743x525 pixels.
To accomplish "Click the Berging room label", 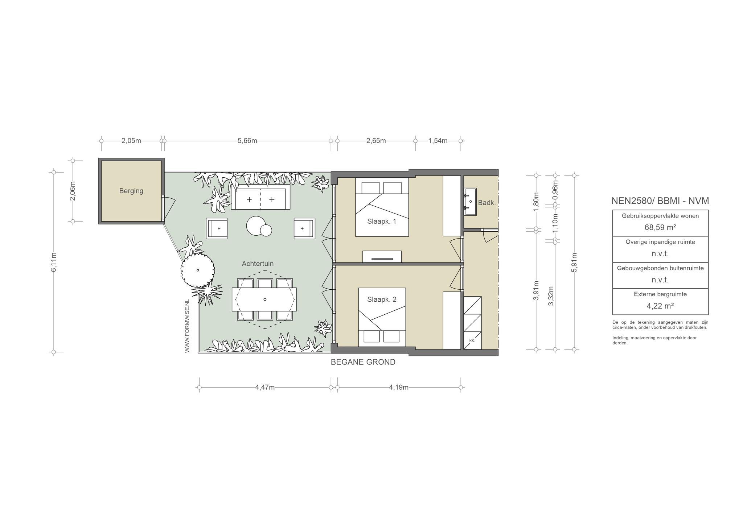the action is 131,191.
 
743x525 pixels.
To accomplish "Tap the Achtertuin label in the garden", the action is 258,264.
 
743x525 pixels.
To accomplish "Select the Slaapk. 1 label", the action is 382,221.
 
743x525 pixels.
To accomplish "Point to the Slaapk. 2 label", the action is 382,299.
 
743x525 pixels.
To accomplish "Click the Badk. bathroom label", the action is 487,203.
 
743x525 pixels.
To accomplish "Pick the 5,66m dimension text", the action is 247,141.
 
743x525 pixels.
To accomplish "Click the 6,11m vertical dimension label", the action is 54,262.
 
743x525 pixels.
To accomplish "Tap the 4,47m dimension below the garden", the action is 265,387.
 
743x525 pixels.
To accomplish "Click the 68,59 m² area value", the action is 660,227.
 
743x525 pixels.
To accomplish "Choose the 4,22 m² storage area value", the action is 660,306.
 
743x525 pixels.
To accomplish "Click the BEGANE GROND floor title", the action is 363,362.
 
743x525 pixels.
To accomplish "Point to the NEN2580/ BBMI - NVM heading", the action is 660,201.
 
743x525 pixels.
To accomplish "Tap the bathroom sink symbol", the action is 470,201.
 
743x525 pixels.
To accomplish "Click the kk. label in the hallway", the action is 472,340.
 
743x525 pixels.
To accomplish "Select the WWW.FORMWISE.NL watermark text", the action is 187,326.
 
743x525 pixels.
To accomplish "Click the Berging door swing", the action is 169,208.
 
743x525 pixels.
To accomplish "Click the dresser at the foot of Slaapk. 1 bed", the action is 382,257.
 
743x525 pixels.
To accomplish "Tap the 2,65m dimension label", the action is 376,141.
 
